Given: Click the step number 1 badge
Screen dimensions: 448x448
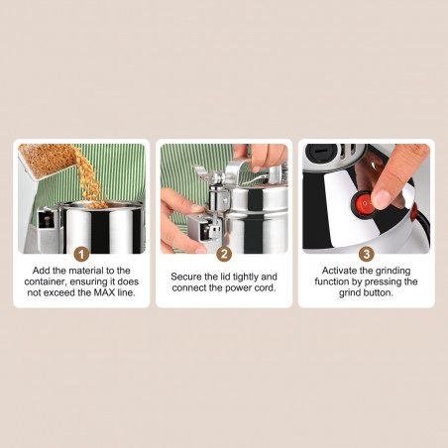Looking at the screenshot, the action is pos(81,254).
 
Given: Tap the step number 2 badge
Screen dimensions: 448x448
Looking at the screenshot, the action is pos(224,254).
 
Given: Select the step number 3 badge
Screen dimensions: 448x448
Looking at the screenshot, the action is pos(367,254).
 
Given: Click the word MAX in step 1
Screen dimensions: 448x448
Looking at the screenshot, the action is pos(104,292).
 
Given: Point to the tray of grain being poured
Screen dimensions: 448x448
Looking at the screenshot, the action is pos(46,161).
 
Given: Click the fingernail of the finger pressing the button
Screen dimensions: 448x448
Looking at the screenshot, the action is pos(381,199).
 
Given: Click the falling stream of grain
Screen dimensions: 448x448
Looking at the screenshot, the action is pos(89,178).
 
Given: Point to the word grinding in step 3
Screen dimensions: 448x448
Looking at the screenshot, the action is pos(392,271).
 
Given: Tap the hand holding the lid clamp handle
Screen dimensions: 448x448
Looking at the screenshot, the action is pos(261,155).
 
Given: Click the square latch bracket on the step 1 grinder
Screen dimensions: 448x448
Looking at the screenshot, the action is pos(48,224).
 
